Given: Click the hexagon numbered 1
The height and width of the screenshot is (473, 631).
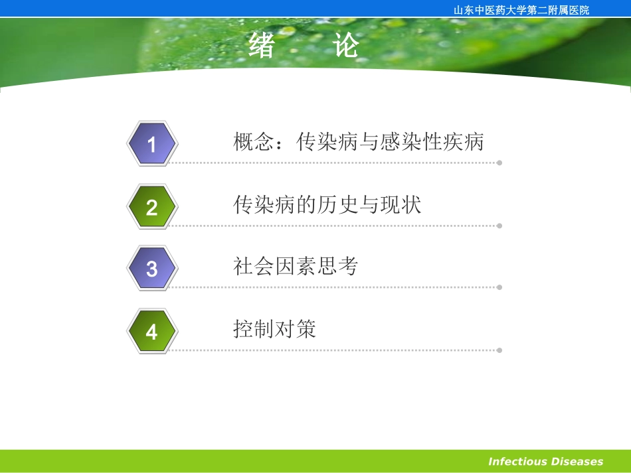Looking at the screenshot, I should click(152, 144).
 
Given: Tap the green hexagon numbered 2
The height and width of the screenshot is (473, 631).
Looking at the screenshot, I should click(152, 207).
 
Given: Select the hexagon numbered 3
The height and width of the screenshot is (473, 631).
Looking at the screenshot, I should click(152, 268).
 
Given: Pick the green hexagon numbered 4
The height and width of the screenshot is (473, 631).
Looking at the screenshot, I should click(152, 330).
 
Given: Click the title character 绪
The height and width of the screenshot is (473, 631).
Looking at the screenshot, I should click(262, 46).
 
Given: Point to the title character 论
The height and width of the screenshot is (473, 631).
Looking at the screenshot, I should click(346, 46).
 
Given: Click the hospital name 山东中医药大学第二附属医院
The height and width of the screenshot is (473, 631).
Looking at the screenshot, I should click(521, 10).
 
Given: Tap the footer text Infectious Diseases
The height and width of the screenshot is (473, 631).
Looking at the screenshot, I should click(545, 462).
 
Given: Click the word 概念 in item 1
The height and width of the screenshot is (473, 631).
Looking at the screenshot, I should click(254, 142).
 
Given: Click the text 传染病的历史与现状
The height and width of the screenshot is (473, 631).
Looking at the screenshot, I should click(327, 205).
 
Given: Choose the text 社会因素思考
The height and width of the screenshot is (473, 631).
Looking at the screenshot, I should click(296, 267).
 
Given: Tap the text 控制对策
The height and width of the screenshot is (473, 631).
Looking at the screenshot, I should click(275, 329).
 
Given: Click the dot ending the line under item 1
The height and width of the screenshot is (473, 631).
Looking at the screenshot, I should click(499, 163).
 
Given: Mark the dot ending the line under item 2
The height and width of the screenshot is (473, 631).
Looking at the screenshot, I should click(499, 226).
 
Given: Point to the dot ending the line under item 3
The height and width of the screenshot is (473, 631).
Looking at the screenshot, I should click(499, 287).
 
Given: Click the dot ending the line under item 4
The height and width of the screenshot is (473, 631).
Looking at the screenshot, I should click(499, 350).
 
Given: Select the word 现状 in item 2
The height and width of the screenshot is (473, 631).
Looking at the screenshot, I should click(401, 205).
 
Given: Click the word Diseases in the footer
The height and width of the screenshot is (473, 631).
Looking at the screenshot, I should click(576, 462).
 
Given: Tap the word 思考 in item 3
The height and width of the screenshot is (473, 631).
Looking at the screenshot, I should click(337, 267).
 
